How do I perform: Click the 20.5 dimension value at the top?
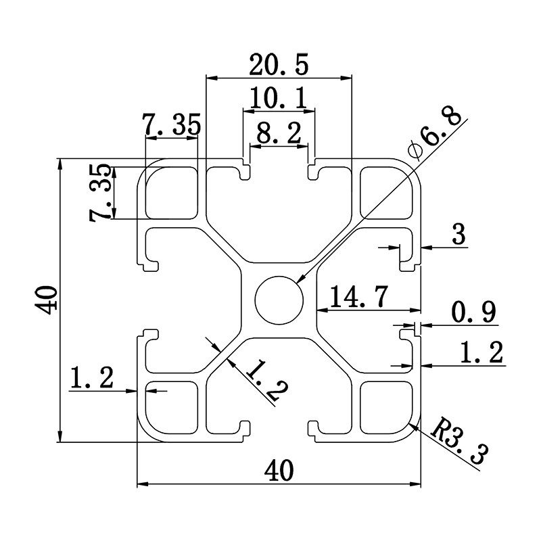click(279, 65)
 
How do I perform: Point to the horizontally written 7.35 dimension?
click(171, 126)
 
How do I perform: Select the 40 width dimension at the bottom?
click(279, 470)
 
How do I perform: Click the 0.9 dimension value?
click(473, 312)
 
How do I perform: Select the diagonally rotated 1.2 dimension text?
click(265, 380)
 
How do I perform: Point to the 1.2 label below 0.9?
click(481, 352)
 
